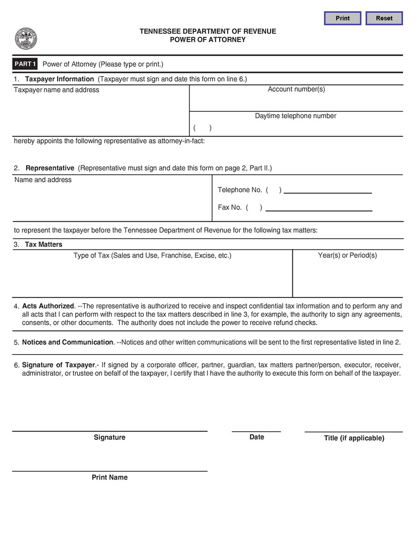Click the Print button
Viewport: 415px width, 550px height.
coord(343,18)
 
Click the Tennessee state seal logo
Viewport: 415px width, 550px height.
coord(26,39)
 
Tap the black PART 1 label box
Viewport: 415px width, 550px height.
coord(25,64)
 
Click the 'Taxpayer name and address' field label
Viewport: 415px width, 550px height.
coord(56,90)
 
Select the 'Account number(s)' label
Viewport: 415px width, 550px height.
coord(296,89)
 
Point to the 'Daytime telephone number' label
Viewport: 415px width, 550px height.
coord(296,116)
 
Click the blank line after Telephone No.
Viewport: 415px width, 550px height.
coord(327,191)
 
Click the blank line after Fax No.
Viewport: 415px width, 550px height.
coord(319,208)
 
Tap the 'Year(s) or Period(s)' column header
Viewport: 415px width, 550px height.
coord(347,255)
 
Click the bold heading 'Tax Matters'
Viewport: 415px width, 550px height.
coord(43,244)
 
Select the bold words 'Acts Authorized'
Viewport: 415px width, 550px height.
coord(48,306)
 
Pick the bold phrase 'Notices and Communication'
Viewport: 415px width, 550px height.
coord(67,343)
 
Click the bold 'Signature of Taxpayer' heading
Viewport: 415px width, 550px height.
coord(59,365)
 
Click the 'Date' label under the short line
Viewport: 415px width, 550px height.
coord(256,437)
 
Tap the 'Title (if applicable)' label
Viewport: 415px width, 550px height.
coord(354,438)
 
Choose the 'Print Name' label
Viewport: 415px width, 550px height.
coord(110,478)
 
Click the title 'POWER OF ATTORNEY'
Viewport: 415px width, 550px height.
coord(207,40)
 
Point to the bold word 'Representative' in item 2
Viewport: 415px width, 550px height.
coord(50,168)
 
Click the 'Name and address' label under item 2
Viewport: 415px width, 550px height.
coord(43,180)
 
